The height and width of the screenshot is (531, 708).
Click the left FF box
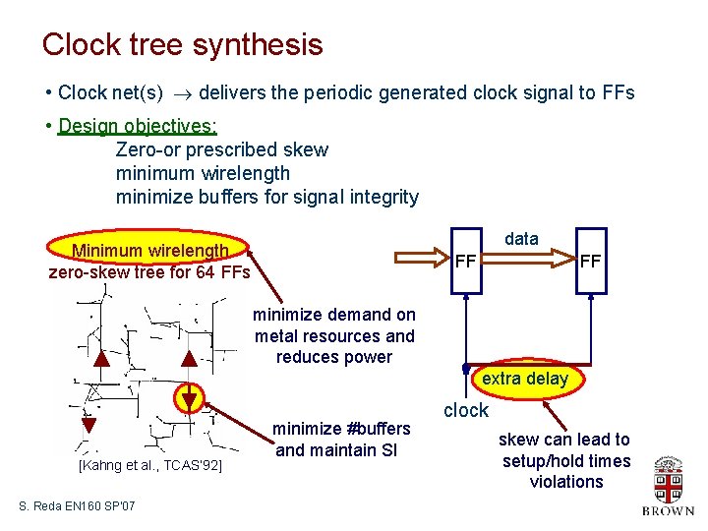pyautogui.click(x=466, y=261)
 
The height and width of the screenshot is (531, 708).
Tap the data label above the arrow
pyautogui.click(x=521, y=239)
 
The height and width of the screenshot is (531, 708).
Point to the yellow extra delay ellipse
pyautogui.click(x=525, y=379)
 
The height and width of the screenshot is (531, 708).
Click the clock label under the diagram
pyautogui.click(x=466, y=410)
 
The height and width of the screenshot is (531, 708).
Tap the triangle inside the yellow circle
pyautogui.click(x=188, y=398)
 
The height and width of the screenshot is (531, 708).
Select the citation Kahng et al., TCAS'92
pyautogui.click(x=150, y=464)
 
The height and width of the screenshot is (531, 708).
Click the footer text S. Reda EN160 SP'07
pyautogui.click(x=77, y=505)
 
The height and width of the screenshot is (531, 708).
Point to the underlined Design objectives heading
pyautogui.click(x=138, y=126)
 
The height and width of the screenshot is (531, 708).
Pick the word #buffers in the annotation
pyautogui.click(x=377, y=429)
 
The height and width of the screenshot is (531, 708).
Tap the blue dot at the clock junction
pyautogui.click(x=466, y=369)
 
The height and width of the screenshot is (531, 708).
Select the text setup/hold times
pyautogui.click(x=566, y=461)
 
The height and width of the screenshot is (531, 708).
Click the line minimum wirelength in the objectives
pyautogui.click(x=203, y=173)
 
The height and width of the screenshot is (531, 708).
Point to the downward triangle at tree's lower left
pyautogui.click(x=88, y=425)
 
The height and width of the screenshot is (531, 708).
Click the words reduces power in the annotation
pyautogui.click(x=334, y=357)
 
